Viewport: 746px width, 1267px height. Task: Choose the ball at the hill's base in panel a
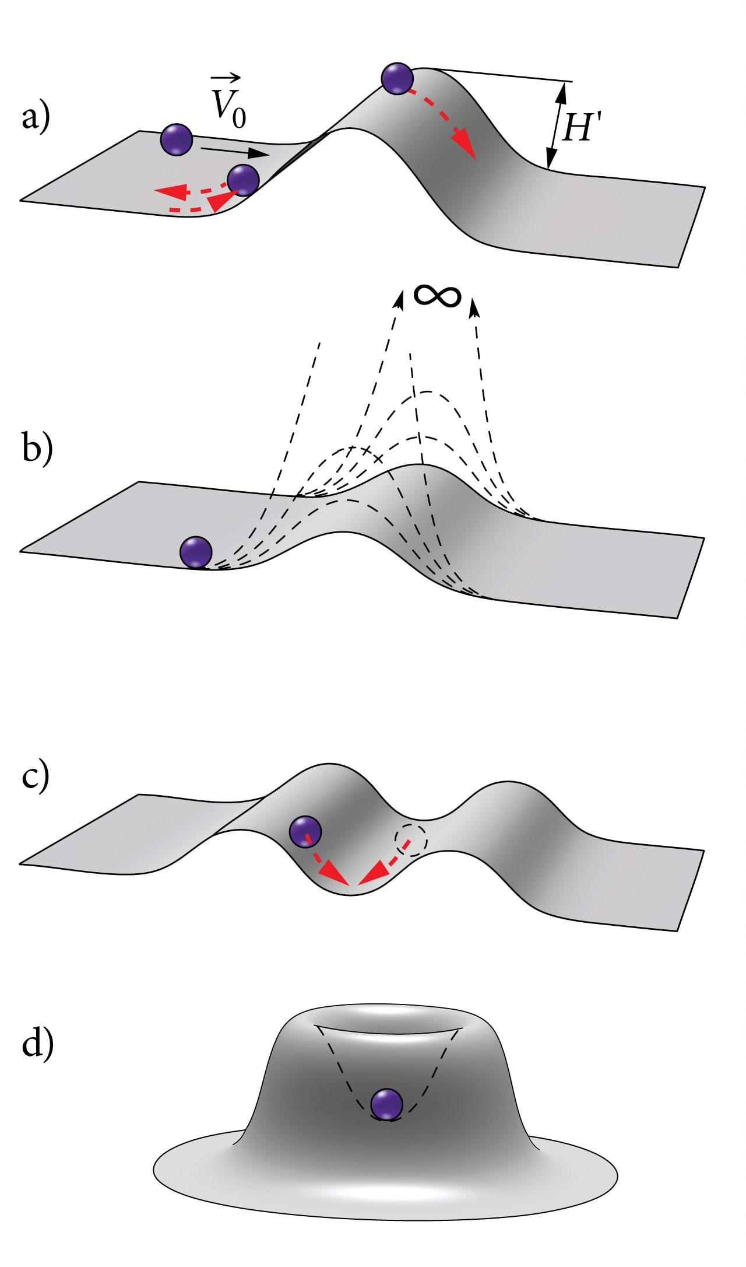242,180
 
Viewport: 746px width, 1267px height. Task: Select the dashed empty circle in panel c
411,841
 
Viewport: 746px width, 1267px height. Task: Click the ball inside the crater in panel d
387,1104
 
